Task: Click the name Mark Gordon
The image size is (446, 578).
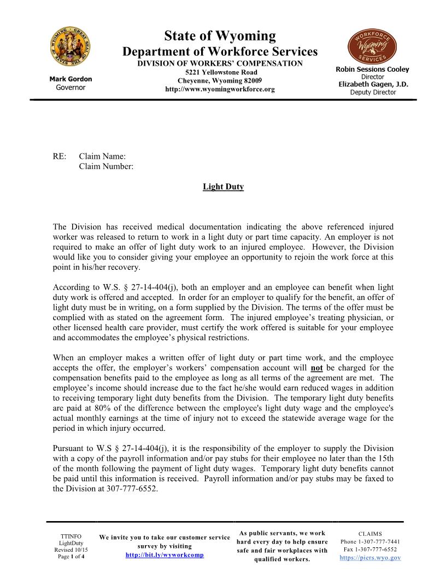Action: coord(71,79)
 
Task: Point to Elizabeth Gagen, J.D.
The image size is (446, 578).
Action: coord(373,84)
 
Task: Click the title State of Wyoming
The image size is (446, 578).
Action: coord(220,37)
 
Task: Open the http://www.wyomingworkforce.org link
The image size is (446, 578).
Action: coord(220,89)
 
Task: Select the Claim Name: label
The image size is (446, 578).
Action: coord(102,157)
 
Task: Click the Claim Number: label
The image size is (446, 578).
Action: coord(106,166)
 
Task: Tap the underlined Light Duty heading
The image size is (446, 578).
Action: coord(223,187)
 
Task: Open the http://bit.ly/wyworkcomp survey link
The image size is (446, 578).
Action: coord(165,555)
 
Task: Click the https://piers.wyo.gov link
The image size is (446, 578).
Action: coord(370,558)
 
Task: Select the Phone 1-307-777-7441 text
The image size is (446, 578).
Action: coord(370,542)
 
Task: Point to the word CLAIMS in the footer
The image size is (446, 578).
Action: coord(370,534)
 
